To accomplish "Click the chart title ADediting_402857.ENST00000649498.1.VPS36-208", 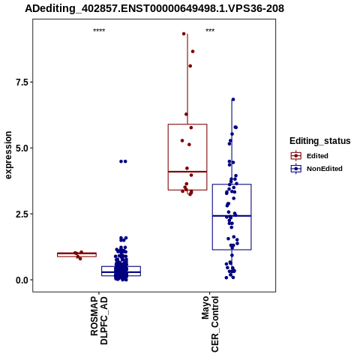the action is pyautogui.click(x=154, y=9).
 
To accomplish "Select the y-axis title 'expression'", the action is pyautogui.click(x=8, y=155).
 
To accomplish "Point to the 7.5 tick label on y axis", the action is pyautogui.click(x=21, y=82).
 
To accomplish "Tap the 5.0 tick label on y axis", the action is pyautogui.click(x=21, y=148).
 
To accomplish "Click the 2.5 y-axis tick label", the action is pyautogui.click(x=21, y=214).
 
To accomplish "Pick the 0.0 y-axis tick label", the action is pyautogui.click(x=21, y=280).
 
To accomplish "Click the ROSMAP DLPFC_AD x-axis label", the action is pyautogui.click(x=99, y=321).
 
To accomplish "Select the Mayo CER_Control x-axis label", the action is pyautogui.click(x=210, y=324).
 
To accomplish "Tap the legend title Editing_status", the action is pyautogui.click(x=320, y=141).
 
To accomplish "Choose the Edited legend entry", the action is pyautogui.click(x=317, y=156).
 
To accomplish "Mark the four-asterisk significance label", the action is pyautogui.click(x=99, y=31).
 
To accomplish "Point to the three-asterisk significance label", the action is pyautogui.click(x=210, y=31).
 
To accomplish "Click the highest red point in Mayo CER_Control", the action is pyautogui.click(x=184, y=34).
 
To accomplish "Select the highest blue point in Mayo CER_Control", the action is pyautogui.click(x=233, y=100).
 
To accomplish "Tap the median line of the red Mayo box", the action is pyautogui.click(x=187, y=172).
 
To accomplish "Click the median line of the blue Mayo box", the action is pyautogui.click(x=232, y=216).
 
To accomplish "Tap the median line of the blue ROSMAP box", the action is pyautogui.click(x=121, y=271).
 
